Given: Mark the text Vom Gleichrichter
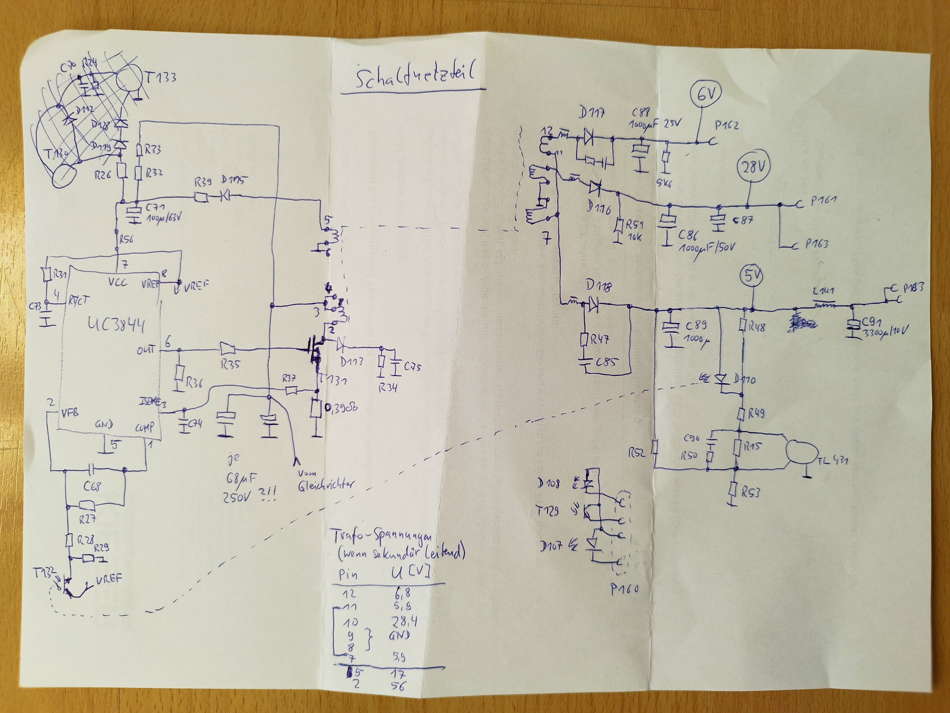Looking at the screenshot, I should coord(326,481).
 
